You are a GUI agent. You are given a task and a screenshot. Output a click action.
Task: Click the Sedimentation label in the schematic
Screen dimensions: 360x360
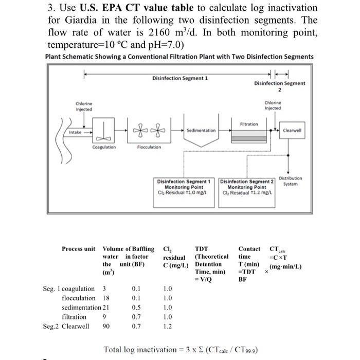point(201,131)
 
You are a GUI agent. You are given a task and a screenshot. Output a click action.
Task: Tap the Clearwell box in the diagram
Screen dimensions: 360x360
point(295,130)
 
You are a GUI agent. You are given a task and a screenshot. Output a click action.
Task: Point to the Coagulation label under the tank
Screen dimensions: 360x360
point(104,147)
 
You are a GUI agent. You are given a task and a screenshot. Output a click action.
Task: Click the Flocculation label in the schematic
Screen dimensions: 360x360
point(149,147)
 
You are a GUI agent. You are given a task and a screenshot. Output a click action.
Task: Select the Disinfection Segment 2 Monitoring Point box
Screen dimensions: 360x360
point(246,187)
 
